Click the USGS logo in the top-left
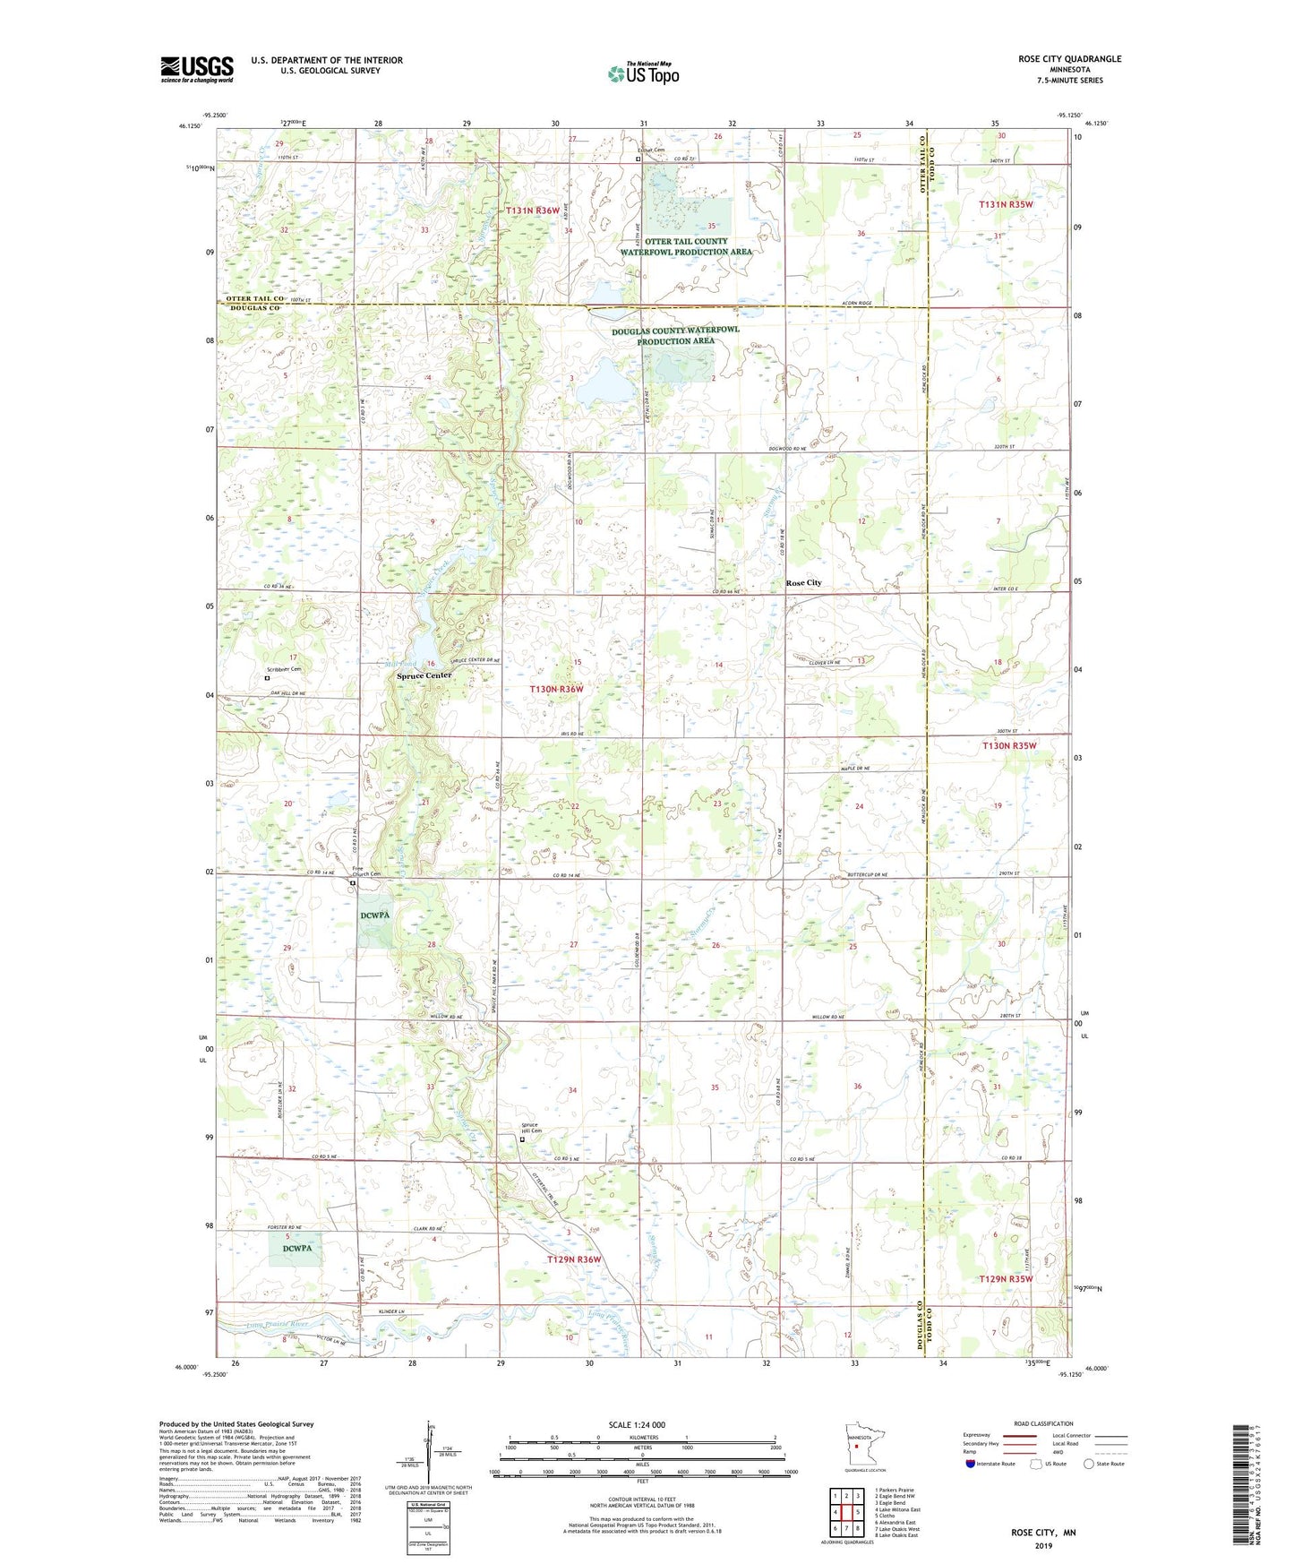tap(197, 69)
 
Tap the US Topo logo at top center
tap(643, 73)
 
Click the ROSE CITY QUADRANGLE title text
tap(1069, 59)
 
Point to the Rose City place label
tap(803, 583)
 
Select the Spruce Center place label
tap(424, 675)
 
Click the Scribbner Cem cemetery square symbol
tap(266, 679)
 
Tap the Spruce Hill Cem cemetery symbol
tap(522, 1140)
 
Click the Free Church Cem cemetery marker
tap(353, 883)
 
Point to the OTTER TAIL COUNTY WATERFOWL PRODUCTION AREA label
tap(686, 246)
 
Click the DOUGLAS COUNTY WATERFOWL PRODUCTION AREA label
tap(675, 335)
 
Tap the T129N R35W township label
tap(1006, 1279)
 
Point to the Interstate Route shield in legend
tap(971, 1464)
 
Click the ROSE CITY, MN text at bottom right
tap(1043, 1533)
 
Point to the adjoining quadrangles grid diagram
tap(846, 1513)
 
